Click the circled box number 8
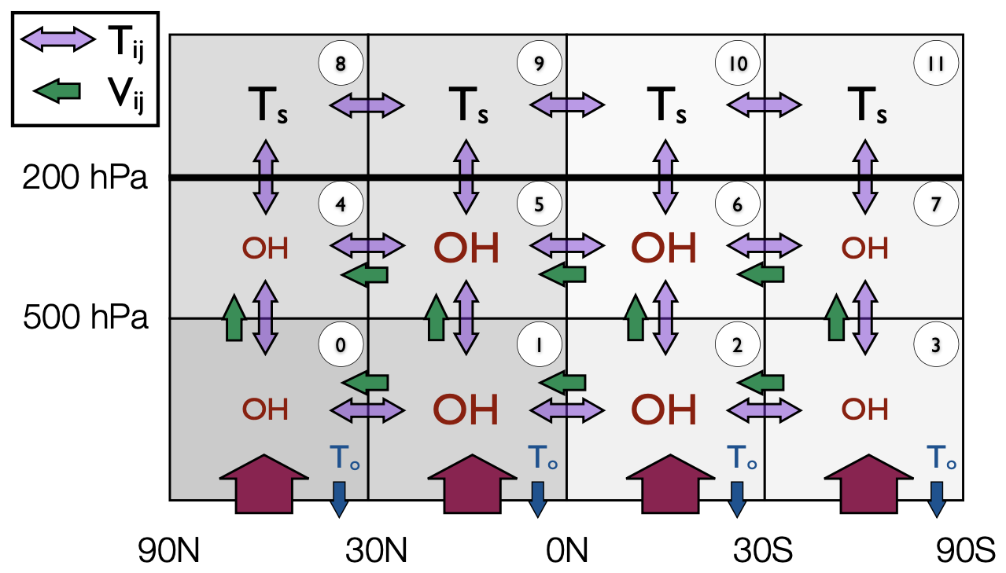tap(341, 64)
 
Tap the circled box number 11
tap(935, 64)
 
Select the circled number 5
tap(539, 204)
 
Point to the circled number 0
tap(341, 344)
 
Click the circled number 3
tap(935, 344)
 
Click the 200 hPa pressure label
tap(85, 179)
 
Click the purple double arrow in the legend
tap(57, 39)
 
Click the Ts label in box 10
tap(666, 106)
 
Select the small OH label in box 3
tap(865, 410)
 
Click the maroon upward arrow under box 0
tap(266, 483)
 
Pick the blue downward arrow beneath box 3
tap(936, 498)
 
